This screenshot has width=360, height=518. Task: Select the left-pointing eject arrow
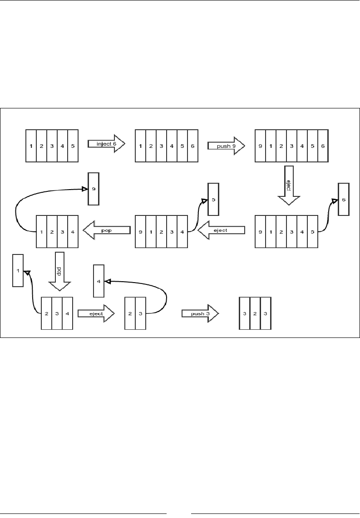221,231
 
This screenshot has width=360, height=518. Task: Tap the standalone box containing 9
93,189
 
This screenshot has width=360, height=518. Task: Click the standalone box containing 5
213,199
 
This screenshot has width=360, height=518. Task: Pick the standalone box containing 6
344,200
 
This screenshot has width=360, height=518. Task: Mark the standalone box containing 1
18,270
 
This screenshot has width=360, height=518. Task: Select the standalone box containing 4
99,281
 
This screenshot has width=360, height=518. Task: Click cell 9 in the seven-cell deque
260,146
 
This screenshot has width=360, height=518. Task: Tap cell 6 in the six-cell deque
193,146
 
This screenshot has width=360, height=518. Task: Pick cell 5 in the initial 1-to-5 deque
73,146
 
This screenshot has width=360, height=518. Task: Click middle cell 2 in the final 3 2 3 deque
255,313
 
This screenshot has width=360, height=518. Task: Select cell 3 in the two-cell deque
140,313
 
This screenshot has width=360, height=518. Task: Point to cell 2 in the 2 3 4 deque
46,313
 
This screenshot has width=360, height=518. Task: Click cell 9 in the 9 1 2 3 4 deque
140,231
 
